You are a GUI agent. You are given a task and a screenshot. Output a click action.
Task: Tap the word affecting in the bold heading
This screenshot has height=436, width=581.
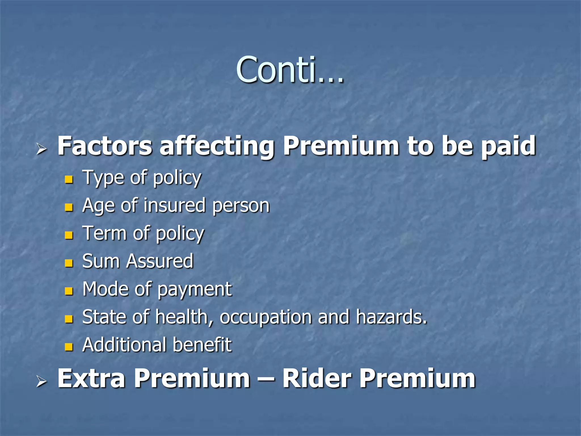pos(217,146)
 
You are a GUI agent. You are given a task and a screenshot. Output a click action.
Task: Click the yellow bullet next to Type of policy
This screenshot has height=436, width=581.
pos(69,179)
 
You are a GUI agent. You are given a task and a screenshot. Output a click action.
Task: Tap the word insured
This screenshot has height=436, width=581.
pos(174,205)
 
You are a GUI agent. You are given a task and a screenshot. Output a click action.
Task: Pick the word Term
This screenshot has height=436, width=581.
pos(104,233)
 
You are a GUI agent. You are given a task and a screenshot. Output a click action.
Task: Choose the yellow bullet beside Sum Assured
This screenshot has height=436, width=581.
pos(69,263)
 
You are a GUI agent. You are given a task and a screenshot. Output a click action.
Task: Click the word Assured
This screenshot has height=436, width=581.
pos(160,261)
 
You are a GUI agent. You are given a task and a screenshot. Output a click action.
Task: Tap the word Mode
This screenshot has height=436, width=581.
pos(106,289)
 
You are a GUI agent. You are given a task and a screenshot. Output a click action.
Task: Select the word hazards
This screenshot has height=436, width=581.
pos(391,316)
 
